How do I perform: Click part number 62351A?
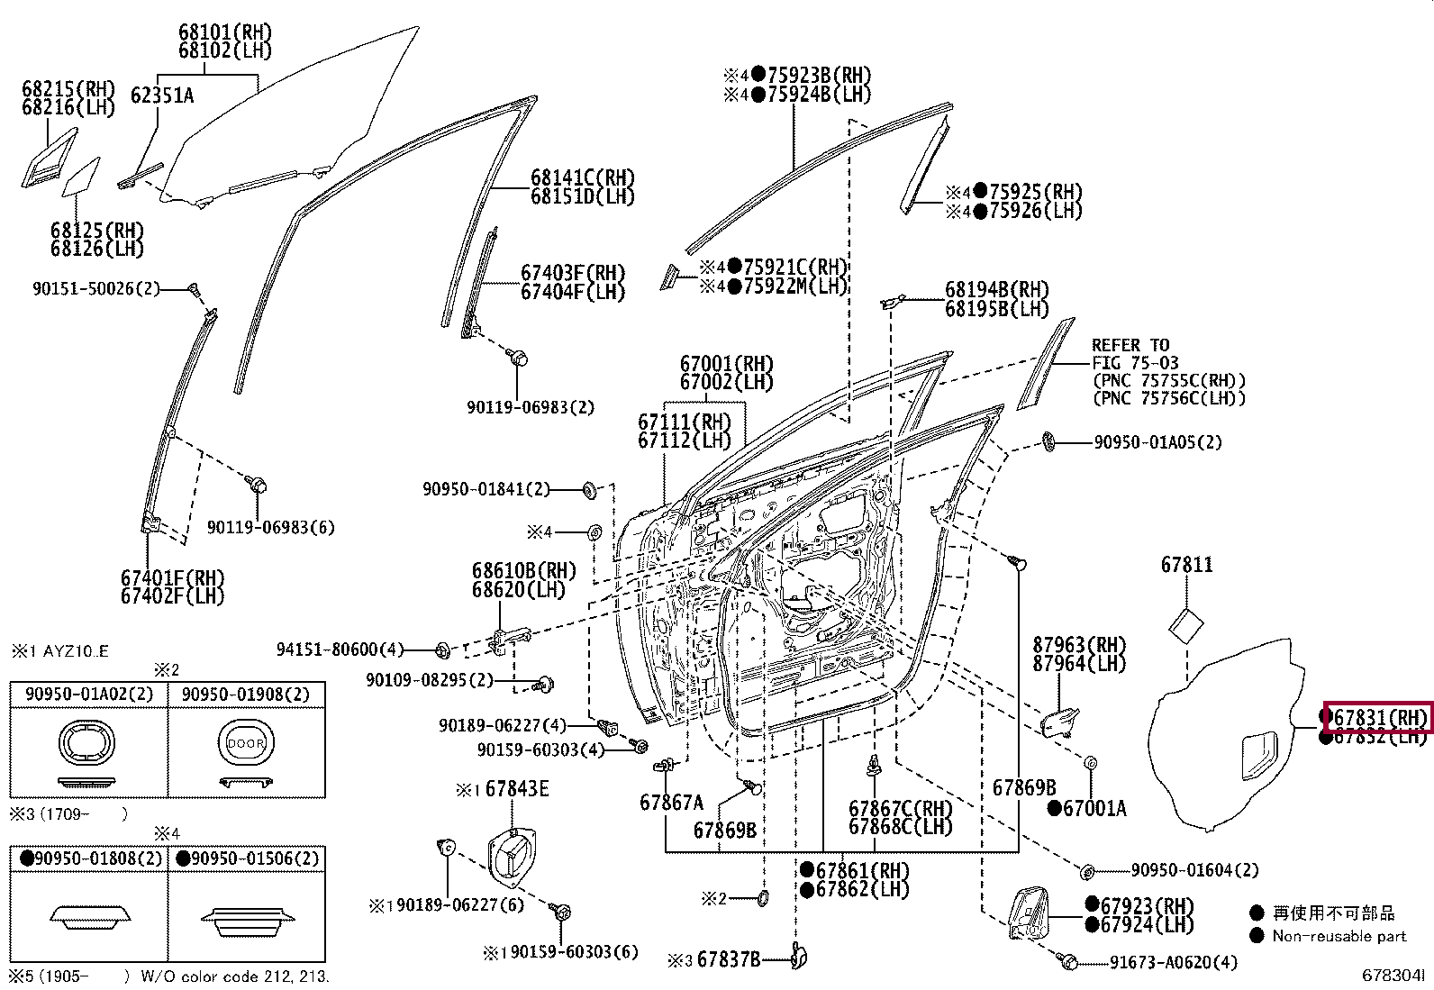162,95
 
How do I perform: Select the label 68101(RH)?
224,32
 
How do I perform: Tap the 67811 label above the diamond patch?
1186,565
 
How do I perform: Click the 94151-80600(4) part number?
340,649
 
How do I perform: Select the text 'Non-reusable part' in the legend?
1339,936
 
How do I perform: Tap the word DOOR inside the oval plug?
245,743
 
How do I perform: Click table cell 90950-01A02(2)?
89,694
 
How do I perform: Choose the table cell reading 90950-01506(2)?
247,858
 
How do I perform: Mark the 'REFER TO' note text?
1130,345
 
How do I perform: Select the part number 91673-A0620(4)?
1173,962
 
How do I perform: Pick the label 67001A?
1093,808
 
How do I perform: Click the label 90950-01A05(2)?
1157,442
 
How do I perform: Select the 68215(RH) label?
68,88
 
